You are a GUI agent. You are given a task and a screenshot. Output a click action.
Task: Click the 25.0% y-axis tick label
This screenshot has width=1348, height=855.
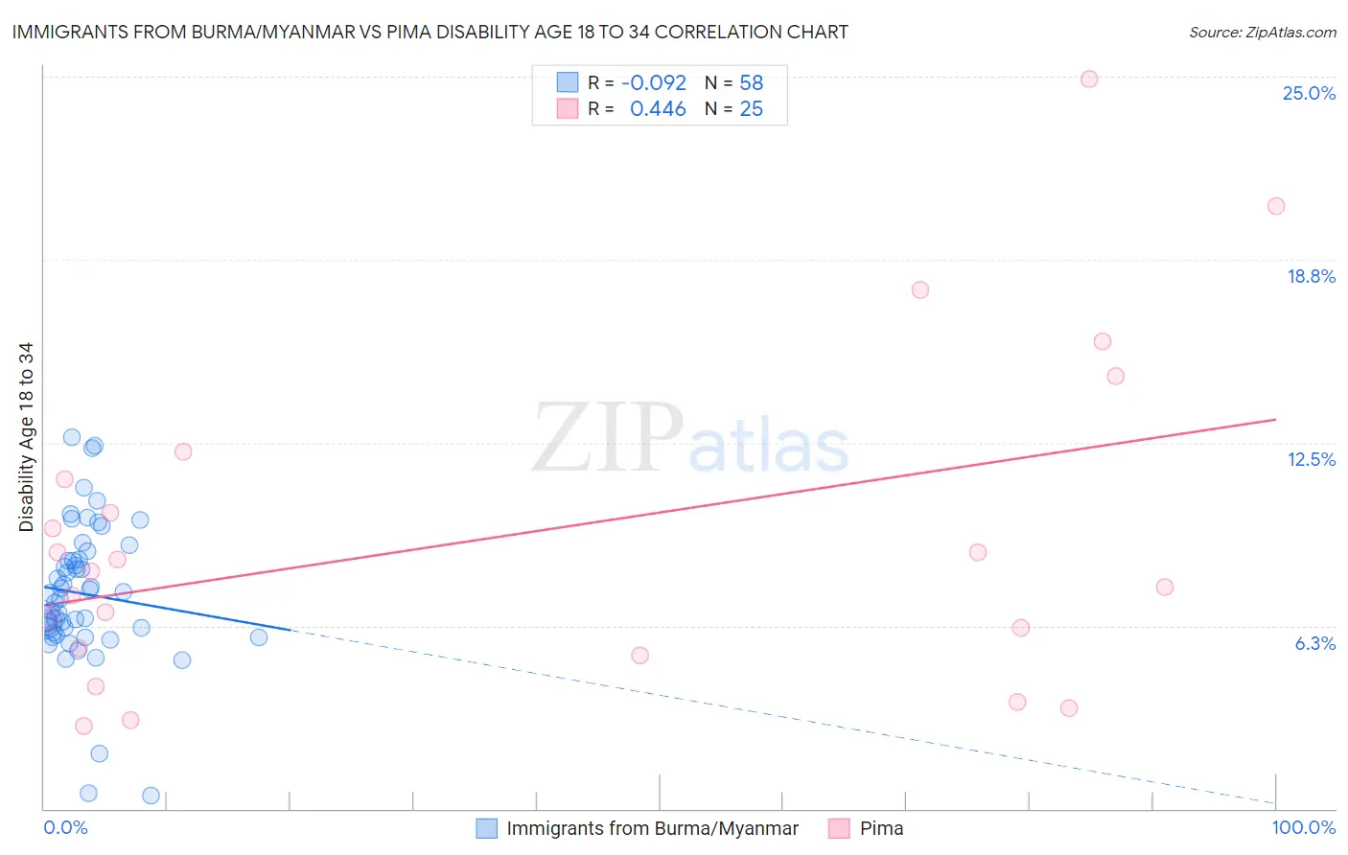pyautogui.click(x=1309, y=93)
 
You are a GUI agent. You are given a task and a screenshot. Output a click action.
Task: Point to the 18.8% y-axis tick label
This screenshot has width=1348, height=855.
pyautogui.click(x=1311, y=276)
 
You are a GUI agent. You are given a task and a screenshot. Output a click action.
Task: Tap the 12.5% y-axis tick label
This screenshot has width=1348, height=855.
pyautogui.click(x=1311, y=459)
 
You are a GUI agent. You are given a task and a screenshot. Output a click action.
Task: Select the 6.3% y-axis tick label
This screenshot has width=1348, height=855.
pyautogui.click(x=1314, y=643)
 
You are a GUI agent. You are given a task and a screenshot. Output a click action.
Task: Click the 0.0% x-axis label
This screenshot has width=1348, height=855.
pyautogui.click(x=65, y=827)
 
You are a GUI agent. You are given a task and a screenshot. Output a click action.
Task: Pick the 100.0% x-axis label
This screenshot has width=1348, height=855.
pyautogui.click(x=1303, y=827)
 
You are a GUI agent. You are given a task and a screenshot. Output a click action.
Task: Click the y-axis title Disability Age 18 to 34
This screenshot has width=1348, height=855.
pyautogui.click(x=26, y=437)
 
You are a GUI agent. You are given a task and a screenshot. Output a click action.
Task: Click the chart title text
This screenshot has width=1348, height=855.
pyautogui.click(x=430, y=32)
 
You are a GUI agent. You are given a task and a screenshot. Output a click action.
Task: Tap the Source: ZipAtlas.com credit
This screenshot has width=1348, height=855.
pyautogui.click(x=1262, y=32)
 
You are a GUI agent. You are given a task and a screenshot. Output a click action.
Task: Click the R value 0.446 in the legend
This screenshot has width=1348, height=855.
pyautogui.click(x=658, y=109)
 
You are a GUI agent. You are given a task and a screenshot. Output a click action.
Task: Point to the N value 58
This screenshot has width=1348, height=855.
pyautogui.click(x=751, y=83)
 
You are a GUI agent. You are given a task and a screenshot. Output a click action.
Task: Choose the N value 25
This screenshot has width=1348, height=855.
pyautogui.click(x=751, y=109)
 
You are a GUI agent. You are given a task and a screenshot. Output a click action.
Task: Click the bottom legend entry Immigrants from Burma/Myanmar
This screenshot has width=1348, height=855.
pyautogui.click(x=652, y=828)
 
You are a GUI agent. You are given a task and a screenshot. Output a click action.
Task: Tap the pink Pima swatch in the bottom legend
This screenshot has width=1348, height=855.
pyautogui.click(x=839, y=828)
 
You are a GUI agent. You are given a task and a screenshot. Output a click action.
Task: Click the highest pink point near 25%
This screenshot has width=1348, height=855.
pyautogui.click(x=1089, y=80)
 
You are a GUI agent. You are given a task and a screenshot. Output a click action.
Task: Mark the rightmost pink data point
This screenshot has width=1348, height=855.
pyautogui.click(x=1276, y=206)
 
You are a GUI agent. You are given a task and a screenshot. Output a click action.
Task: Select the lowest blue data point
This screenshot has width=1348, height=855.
pyautogui.click(x=151, y=796)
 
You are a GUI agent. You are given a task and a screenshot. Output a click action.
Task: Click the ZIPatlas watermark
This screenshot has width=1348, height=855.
pyautogui.click(x=690, y=438)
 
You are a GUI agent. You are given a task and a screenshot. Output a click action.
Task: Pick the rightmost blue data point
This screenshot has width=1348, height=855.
pyautogui.click(x=259, y=637)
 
